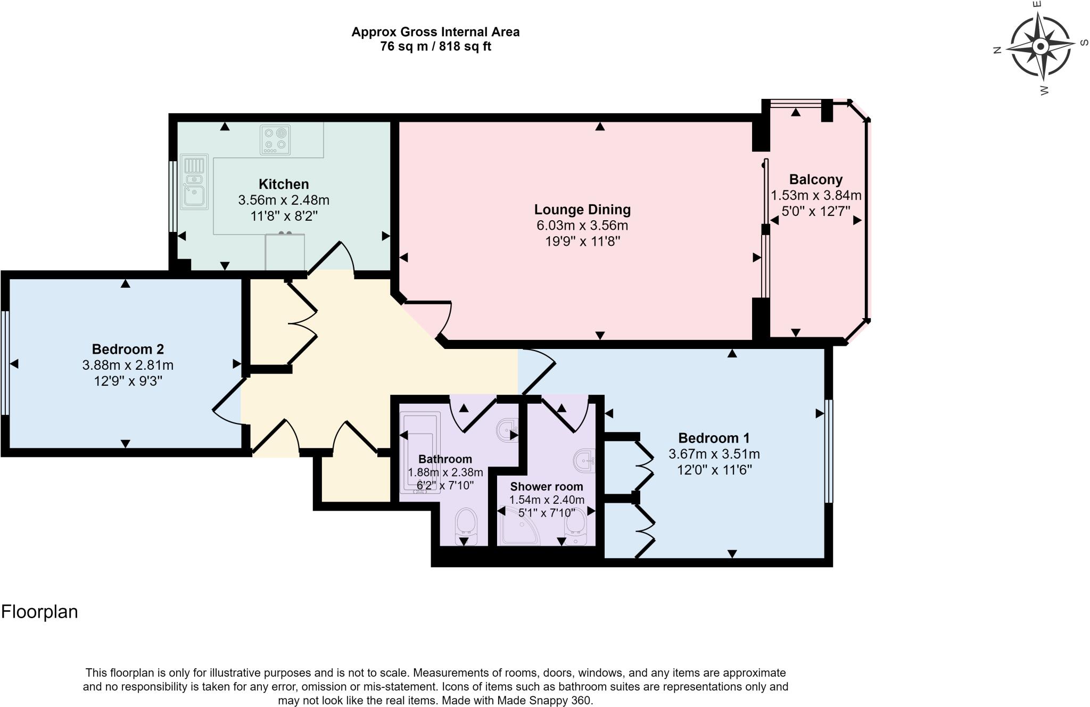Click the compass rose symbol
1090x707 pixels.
[x=1040, y=47]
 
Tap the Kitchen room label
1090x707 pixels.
[x=283, y=184]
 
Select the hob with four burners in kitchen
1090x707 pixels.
[x=275, y=139]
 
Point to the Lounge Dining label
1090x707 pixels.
[x=582, y=210]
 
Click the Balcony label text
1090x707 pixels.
[x=815, y=179]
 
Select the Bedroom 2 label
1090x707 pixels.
[x=128, y=349]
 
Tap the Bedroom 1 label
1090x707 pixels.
[x=714, y=438]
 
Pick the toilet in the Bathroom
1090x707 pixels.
[x=466, y=526]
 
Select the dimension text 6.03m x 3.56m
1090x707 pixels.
[x=582, y=226]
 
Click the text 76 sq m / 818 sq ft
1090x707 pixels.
[x=435, y=46]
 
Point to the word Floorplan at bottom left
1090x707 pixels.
[x=40, y=612]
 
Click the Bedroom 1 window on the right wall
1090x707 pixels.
[x=829, y=451]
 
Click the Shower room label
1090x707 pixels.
[x=546, y=486]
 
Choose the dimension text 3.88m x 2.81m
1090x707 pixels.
[x=128, y=365]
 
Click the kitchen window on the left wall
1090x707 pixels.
[x=172, y=197]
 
